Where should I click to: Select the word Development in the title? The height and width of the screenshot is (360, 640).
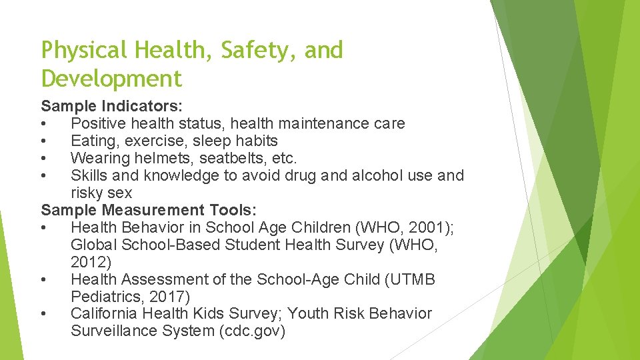pos(111,79)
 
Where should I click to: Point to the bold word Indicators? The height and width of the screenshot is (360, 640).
pos(139,106)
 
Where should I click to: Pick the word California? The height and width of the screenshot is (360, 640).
pos(104,314)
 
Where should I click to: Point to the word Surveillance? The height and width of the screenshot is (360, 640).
pos(111,331)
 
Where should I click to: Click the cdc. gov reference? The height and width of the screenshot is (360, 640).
pos(252,331)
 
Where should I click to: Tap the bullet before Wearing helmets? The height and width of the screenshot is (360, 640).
pos(43,159)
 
